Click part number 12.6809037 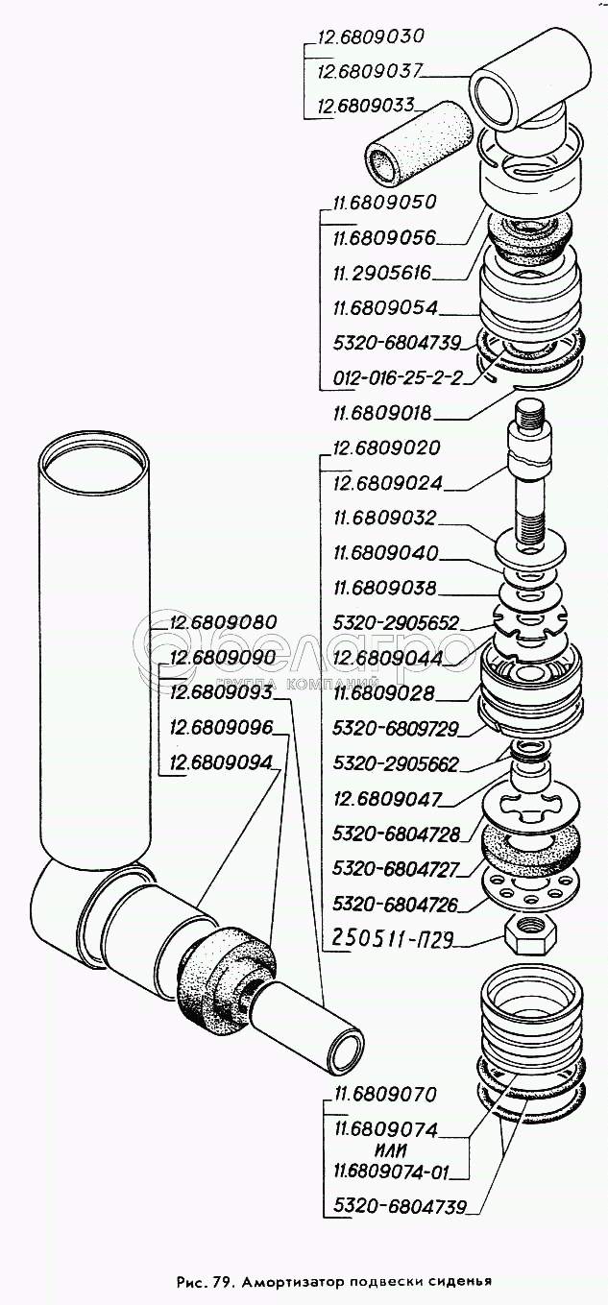[370, 72]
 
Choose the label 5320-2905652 [396, 623]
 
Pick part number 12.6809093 [221, 692]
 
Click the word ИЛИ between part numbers [387, 1150]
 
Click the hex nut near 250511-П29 [530, 936]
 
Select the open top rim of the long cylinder [92, 455]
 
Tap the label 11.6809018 [382, 414]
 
